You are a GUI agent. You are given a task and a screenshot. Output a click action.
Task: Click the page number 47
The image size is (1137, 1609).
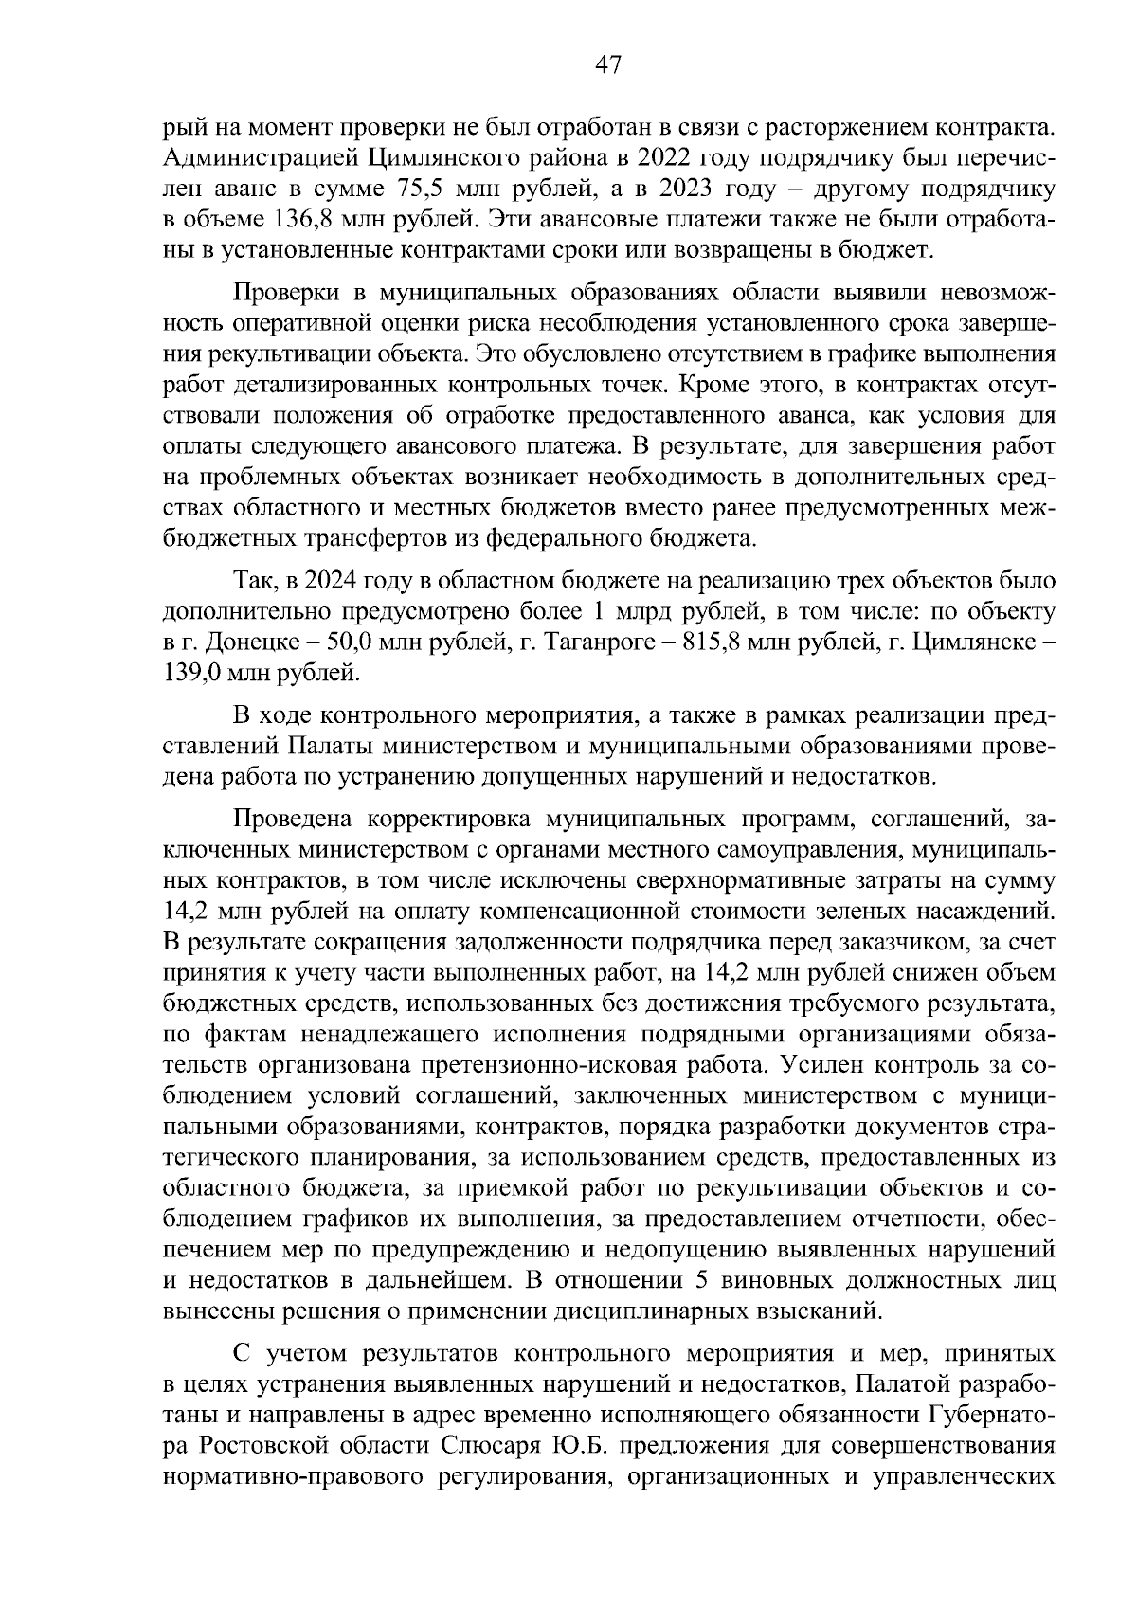(606, 64)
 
